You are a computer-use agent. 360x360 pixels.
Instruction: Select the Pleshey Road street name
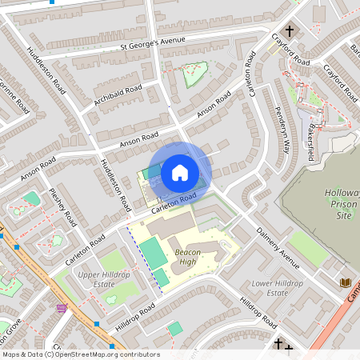pos(62,206)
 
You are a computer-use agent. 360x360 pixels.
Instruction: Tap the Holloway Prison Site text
pos(342,204)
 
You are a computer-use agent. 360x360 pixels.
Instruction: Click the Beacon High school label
pos(185,257)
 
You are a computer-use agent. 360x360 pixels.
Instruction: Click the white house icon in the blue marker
pos(180,172)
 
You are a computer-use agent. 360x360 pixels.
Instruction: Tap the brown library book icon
pos(345,282)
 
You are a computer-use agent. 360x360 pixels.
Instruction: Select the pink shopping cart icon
pos(62,308)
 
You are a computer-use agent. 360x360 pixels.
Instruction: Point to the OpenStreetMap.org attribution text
pos(80,354)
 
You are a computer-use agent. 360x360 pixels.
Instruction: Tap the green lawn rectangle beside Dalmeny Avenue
pos(308,247)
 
